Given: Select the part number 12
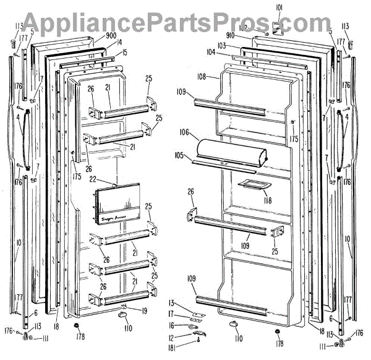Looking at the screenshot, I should click(x=171, y=336).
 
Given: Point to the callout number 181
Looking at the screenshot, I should click(x=171, y=348).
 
